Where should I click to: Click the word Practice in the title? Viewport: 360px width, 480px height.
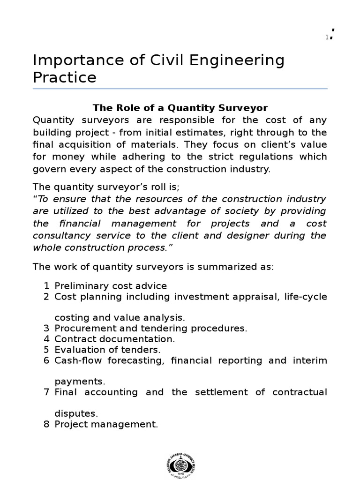[65, 77]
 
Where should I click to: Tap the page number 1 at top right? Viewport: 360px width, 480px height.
[327, 37]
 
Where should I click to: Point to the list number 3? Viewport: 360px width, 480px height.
[46, 328]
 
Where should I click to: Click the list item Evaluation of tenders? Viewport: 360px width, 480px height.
[107, 349]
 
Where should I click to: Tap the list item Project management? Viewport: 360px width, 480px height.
[106, 425]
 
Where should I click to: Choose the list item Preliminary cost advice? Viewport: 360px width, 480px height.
[111, 286]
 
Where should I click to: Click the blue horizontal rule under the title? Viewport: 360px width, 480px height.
[180, 89]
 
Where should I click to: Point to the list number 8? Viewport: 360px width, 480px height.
[46, 425]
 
